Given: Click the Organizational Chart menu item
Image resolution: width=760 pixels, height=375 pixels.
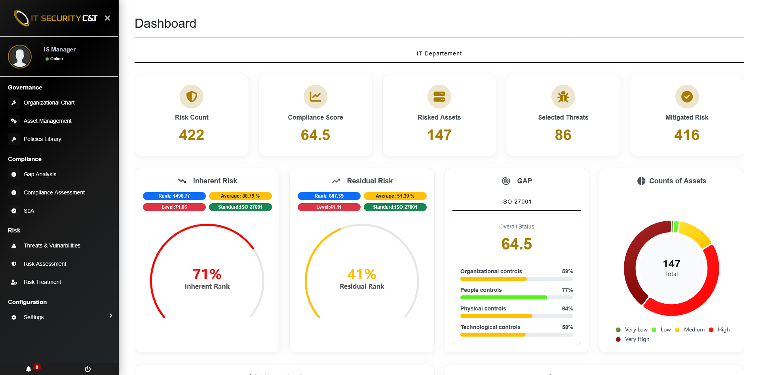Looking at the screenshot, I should [x=49, y=103].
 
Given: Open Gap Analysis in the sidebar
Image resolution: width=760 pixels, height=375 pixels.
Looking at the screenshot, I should [x=40, y=174].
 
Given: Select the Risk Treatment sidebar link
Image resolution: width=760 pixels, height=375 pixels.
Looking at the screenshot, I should [x=42, y=282].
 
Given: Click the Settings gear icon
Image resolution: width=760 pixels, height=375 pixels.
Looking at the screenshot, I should [x=14, y=317].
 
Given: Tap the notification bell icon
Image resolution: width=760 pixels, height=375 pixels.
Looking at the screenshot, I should [x=28, y=369].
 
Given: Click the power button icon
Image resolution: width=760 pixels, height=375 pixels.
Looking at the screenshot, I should [x=88, y=369].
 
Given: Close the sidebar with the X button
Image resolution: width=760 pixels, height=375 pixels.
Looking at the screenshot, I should [x=107, y=18].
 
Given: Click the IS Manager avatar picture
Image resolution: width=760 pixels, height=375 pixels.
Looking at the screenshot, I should [x=20, y=57].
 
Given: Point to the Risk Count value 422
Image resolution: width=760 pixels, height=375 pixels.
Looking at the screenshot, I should [x=192, y=135].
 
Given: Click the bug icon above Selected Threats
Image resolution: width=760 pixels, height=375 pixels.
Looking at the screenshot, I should [x=563, y=97].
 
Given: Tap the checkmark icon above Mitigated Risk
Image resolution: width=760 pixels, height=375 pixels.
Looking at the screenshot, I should [x=687, y=97].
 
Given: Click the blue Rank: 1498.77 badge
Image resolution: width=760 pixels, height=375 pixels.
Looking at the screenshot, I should [x=174, y=196].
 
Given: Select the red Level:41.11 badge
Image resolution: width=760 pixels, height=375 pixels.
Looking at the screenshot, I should [x=329, y=207].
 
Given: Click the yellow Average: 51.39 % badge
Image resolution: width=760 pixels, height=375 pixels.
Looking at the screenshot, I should [x=395, y=196].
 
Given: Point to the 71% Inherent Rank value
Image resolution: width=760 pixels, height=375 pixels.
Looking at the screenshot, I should [x=207, y=274].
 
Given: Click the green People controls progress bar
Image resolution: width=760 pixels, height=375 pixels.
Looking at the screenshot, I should [x=503, y=297].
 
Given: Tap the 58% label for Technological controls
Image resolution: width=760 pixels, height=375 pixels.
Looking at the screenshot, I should [x=567, y=327].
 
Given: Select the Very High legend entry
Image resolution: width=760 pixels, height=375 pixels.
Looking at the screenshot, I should [x=636, y=339].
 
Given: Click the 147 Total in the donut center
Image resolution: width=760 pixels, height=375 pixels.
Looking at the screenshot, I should [x=671, y=268].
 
